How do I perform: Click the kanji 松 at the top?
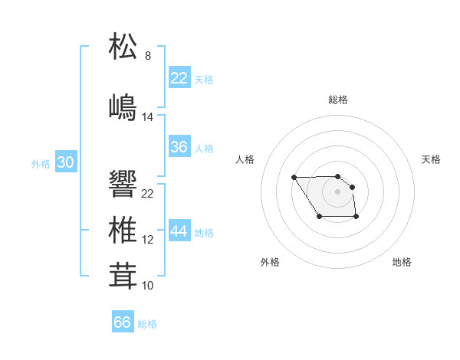[123, 46]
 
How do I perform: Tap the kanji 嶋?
[123, 105]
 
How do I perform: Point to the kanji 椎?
[123, 229]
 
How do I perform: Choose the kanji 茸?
[123, 274]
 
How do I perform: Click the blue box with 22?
[179, 78]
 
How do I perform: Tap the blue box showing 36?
[179, 147]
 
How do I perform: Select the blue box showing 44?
[179, 231]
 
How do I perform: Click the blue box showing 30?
[66, 162]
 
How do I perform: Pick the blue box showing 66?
[123, 322]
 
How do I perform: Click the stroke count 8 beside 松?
[148, 56]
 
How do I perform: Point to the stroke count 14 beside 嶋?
[148, 116]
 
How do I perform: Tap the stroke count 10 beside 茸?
[148, 285]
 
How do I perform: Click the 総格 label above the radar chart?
[338, 100]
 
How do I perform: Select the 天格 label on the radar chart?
[431, 159]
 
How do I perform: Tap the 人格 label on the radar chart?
[245, 159]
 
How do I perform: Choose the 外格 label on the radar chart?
[270, 262]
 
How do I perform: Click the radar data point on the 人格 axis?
[294, 178]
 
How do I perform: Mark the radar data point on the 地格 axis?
[356, 218]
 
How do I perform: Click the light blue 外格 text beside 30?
[41, 163]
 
